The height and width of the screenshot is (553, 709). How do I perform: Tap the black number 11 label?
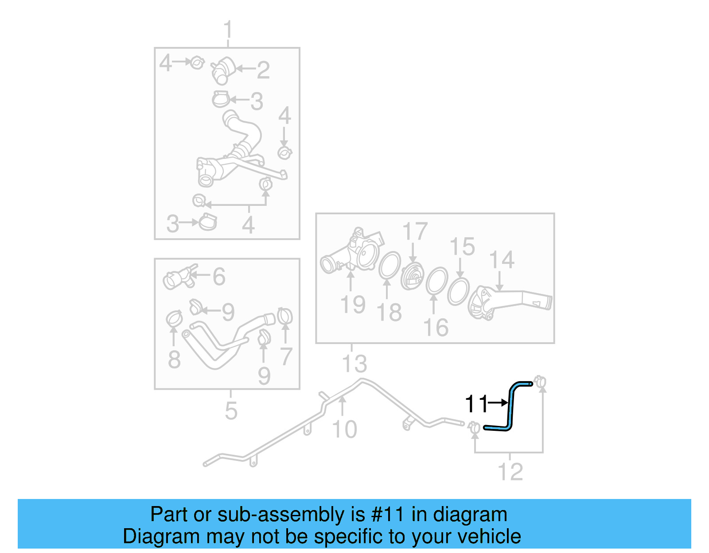point(476,404)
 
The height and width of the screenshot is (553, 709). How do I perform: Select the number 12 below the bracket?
point(510,472)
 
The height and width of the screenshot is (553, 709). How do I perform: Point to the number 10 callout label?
point(344,429)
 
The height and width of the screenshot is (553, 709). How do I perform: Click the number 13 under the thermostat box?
point(354,364)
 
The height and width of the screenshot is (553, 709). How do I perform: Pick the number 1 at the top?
point(228,30)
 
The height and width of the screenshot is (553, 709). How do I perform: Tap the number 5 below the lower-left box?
point(231,411)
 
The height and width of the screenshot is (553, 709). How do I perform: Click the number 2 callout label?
point(263,70)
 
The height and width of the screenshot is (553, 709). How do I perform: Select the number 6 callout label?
point(219,277)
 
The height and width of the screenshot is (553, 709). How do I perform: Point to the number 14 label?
point(502,260)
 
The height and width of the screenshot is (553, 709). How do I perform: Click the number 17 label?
point(415,232)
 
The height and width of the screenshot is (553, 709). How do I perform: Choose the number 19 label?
point(353,305)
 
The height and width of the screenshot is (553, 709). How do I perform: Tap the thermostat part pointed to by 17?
point(412,277)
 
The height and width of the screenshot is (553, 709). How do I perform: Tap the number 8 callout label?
point(174,359)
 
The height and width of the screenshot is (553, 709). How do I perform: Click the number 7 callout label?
point(286,356)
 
